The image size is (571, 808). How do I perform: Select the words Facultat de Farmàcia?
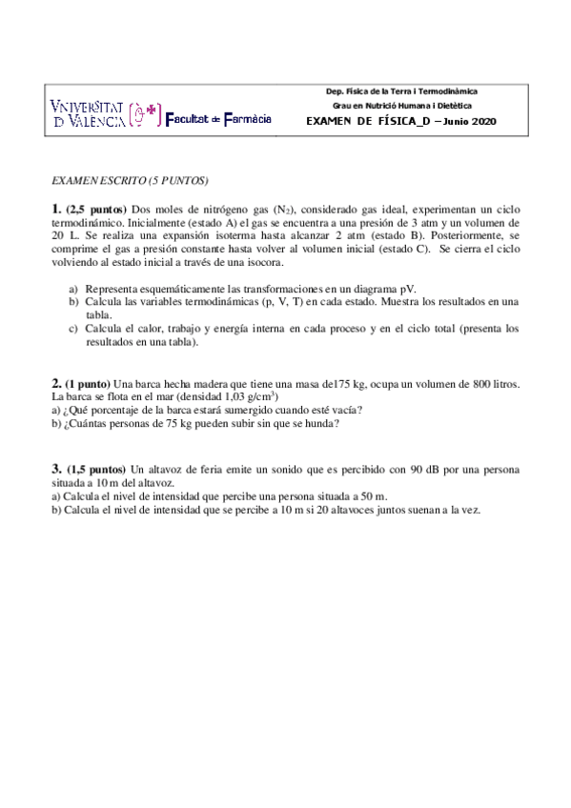(218, 118)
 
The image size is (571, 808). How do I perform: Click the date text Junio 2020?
(469, 121)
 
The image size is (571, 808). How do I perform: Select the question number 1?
(56, 209)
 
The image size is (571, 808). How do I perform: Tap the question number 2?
(56, 382)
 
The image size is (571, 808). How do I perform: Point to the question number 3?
(56, 469)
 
